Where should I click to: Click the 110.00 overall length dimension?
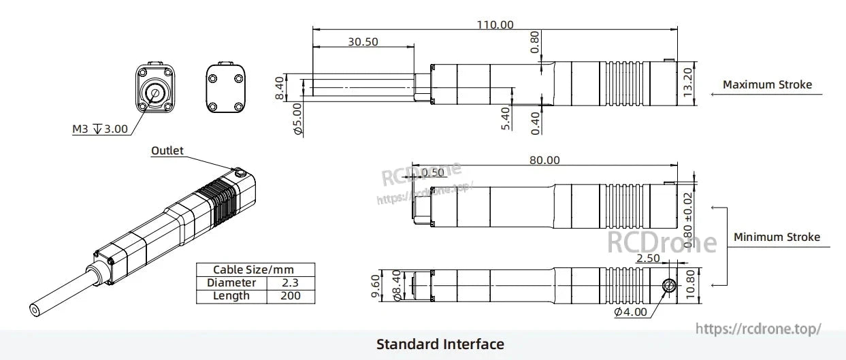click(495, 24)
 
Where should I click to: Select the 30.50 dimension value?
click(363, 42)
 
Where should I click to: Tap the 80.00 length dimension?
click(544, 161)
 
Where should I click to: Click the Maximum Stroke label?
click(767, 85)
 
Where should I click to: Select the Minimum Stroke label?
click(777, 238)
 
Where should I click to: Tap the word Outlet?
click(167, 150)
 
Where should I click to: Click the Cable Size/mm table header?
click(255, 269)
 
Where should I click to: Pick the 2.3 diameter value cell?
click(289, 282)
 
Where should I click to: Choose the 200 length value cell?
click(289, 296)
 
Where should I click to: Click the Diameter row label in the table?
click(231, 282)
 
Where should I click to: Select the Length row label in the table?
click(231, 296)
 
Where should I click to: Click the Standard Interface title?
click(440, 344)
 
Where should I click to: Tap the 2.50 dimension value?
click(647, 259)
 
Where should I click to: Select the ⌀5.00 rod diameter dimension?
click(297, 119)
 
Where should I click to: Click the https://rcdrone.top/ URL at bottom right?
click(758, 329)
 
